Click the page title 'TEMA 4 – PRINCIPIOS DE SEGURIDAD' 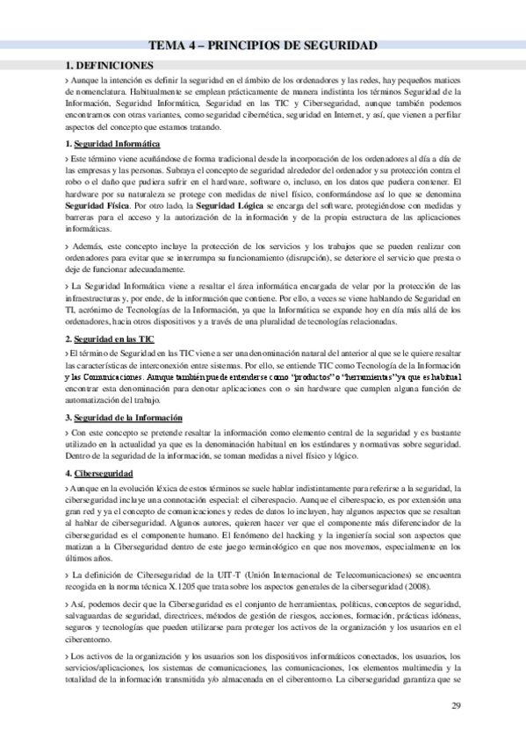point(263,46)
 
